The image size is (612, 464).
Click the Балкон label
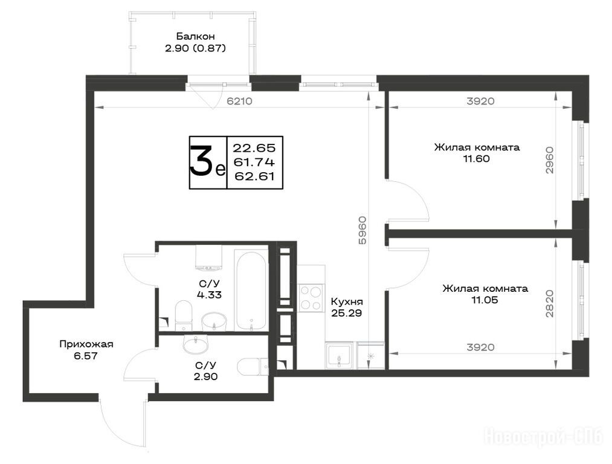click(x=195, y=36)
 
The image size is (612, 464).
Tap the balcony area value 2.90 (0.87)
click(x=195, y=48)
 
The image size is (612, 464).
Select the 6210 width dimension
click(x=240, y=101)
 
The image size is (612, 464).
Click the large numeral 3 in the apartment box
click(x=202, y=162)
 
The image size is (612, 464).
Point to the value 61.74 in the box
click(x=254, y=162)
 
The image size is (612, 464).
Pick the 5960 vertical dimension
click(x=362, y=230)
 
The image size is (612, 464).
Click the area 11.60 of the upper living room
click(x=476, y=159)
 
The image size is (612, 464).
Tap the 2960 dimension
click(x=549, y=160)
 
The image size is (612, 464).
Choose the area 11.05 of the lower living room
click(x=485, y=300)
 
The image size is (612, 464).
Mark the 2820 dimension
click(x=549, y=303)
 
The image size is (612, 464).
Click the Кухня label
click(x=347, y=301)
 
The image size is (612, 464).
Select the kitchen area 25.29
click(x=347, y=313)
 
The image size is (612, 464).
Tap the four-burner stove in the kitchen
click(x=311, y=298)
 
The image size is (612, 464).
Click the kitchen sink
click(x=340, y=355)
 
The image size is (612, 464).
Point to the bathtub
click(x=251, y=291)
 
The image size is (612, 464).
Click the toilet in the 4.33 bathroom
click(x=184, y=315)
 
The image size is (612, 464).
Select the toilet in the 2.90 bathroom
click(x=254, y=367)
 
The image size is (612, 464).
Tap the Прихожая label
click(x=86, y=344)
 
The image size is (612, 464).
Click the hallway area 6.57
click(x=85, y=355)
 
